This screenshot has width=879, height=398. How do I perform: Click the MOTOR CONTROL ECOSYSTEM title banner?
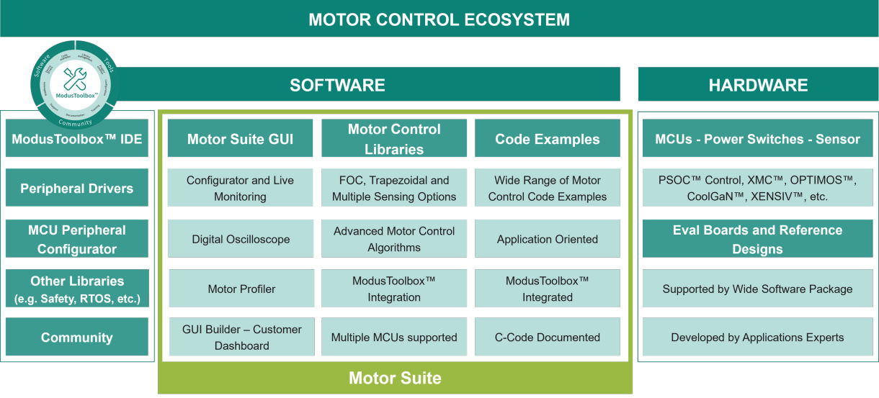439,19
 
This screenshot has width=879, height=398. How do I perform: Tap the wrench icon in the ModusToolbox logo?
75,77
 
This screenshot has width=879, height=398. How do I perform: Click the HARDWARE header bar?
758,85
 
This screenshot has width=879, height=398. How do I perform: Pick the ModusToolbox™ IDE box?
77,139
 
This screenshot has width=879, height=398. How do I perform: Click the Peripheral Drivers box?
77,189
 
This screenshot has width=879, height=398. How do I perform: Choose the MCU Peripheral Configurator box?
77,239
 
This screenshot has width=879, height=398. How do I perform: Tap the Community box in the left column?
77,338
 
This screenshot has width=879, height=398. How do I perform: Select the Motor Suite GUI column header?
241,139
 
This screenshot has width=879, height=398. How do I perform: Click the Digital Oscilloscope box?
241,239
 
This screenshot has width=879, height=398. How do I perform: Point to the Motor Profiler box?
241,289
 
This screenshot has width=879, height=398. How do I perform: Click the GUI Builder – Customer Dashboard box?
241,338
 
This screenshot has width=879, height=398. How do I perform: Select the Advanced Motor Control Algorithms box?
394,239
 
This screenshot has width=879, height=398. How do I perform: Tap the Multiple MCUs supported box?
394,338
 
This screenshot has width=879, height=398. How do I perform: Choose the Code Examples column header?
548,139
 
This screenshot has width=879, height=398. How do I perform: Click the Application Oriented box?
548,239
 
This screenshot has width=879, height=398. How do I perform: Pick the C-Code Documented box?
548,338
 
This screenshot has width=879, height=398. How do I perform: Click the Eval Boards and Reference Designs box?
757,239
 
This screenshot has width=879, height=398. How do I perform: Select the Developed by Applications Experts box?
757,338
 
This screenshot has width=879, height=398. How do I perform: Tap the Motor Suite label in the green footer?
395,378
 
